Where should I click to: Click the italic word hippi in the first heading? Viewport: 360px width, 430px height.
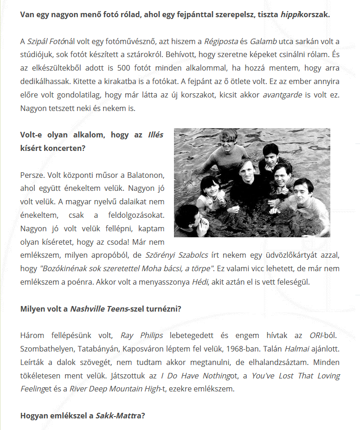[289, 14]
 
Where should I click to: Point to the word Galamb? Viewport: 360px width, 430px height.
[263, 41]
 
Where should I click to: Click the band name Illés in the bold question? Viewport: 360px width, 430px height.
[155, 136]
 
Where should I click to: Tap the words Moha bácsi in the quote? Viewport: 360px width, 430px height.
[168, 268]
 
